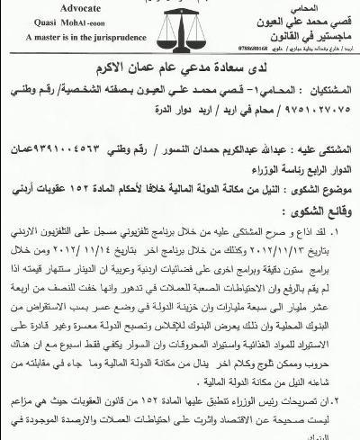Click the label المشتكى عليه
point(321,167)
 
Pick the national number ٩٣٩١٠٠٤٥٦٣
point(86,167)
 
